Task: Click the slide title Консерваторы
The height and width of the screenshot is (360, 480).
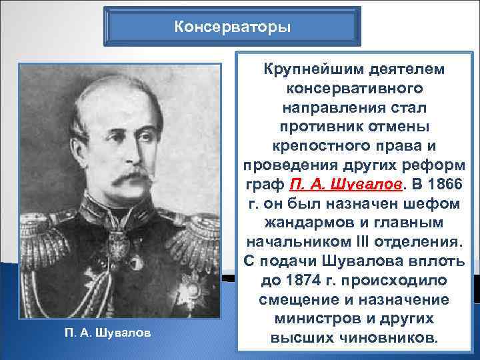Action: coord(231,27)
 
